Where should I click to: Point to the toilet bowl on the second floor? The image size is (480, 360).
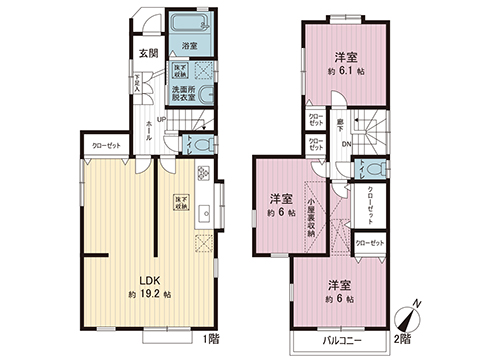point(371,168)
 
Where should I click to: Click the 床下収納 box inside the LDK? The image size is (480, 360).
point(183,200)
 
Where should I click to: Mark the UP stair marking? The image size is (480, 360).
point(161,120)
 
